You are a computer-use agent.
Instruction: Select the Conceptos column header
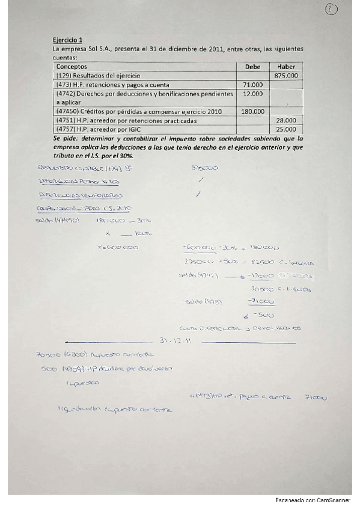tap(72, 66)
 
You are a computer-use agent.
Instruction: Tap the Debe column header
tap(253, 66)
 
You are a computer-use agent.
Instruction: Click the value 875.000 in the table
tap(285, 76)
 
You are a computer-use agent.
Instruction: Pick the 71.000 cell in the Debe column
tap(253, 85)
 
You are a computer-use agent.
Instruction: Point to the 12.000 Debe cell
tap(253, 94)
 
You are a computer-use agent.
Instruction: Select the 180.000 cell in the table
tap(252, 111)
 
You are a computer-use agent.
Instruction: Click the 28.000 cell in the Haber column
tap(286, 120)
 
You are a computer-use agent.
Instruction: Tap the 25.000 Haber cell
tap(286, 129)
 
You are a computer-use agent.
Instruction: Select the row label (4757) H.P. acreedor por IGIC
tap(103, 129)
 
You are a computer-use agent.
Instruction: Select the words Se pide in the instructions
tap(65, 138)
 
